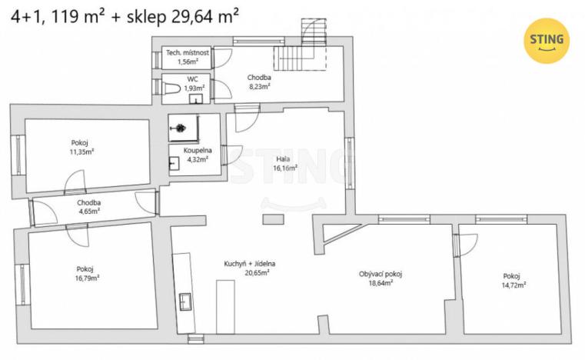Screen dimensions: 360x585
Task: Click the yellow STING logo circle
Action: (x=547, y=40)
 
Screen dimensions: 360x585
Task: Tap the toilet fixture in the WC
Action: (x=173, y=91)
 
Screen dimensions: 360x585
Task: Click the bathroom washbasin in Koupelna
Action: (x=175, y=163)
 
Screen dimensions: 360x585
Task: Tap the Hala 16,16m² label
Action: (x=286, y=162)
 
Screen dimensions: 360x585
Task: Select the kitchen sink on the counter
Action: (x=185, y=300)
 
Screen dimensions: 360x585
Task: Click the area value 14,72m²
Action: (x=512, y=285)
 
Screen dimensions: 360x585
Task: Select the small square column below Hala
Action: (x=272, y=220)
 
